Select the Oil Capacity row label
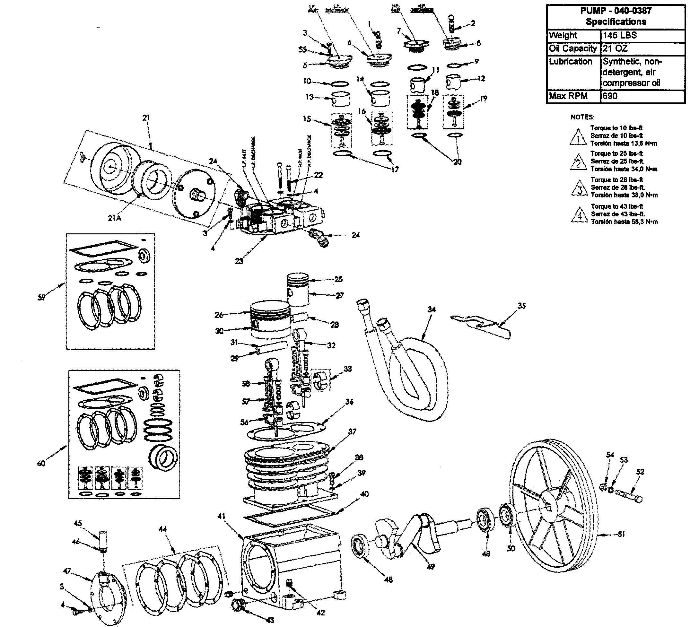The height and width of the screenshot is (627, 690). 572,48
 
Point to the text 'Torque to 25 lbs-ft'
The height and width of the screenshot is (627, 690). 616,153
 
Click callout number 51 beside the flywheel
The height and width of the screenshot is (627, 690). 621,534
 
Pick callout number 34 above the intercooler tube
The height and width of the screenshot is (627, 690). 432,309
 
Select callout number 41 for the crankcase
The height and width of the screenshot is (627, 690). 222,516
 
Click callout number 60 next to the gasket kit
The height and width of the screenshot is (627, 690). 41,463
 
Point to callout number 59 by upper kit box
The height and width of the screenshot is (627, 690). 41,297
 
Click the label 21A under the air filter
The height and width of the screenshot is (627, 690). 115,218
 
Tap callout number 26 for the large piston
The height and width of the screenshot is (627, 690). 219,315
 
